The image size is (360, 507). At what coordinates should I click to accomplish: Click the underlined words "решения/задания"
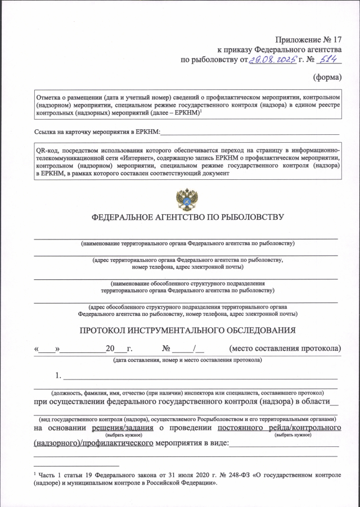pyautogui.click(x=124, y=429)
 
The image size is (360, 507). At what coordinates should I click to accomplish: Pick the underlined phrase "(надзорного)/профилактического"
pyautogui.click(x=94, y=444)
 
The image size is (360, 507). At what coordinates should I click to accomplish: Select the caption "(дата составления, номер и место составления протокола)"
pyautogui.click(x=187, y=359)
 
